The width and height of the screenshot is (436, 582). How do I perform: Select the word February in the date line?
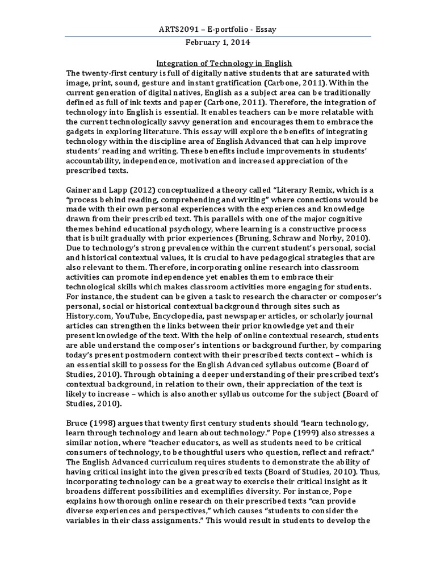coord(204,42)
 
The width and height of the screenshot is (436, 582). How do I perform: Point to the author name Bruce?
coord(78,423)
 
